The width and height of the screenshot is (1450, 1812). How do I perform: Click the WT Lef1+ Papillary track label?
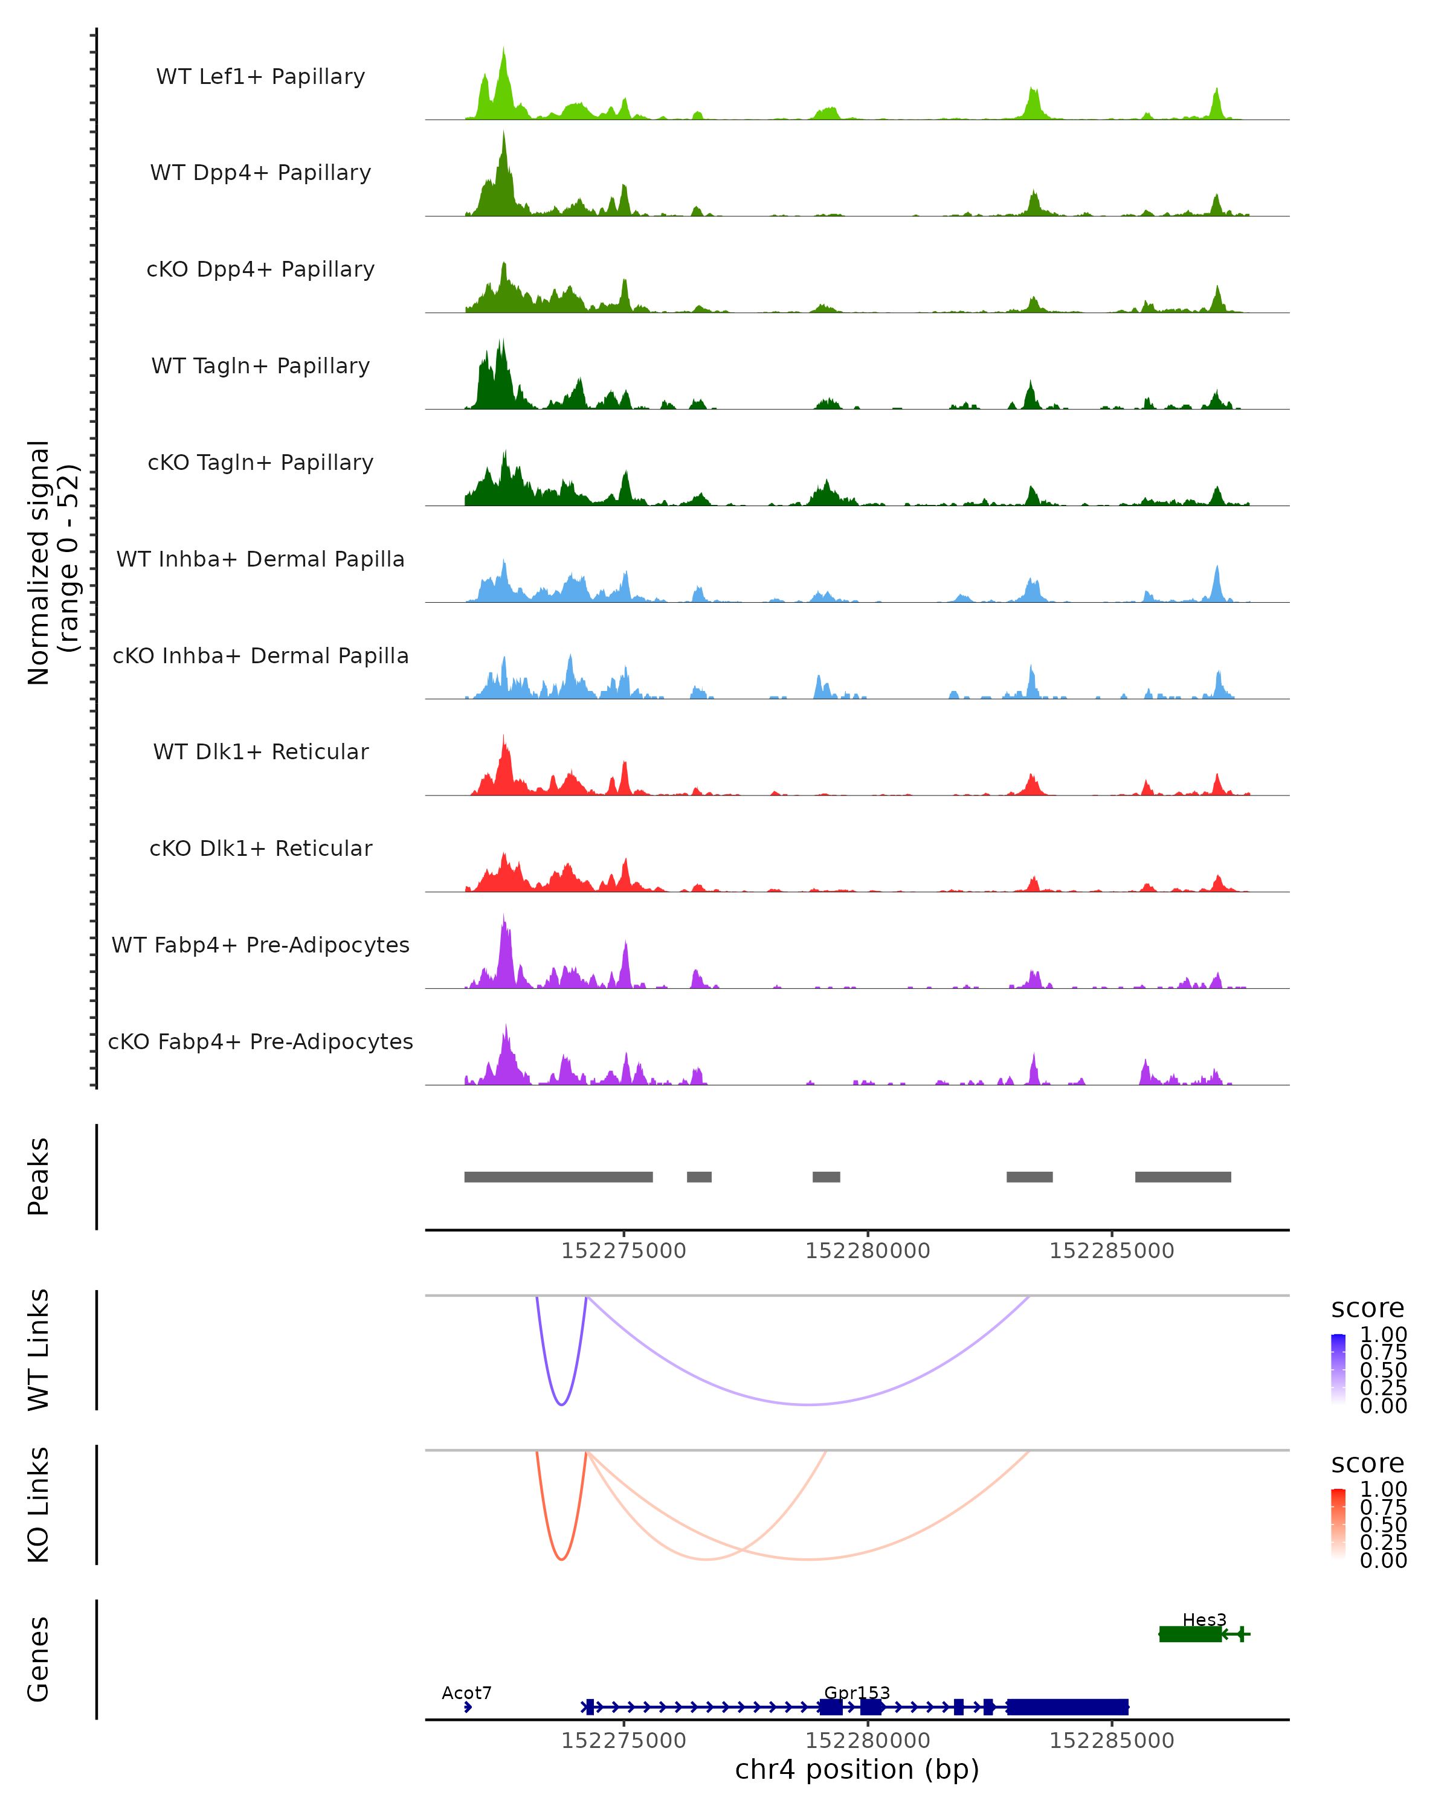(x=260, y=77)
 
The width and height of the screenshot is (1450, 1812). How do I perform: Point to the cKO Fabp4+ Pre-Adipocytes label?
(x=260, y=1041)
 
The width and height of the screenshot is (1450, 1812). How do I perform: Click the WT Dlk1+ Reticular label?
(x=260, y=751)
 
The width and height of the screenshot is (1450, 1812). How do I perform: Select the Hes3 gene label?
(x=1203, y=1619)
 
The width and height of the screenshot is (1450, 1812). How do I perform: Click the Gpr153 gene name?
(x=857, y=1692)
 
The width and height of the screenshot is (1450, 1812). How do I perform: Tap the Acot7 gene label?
(x=466, y=1692)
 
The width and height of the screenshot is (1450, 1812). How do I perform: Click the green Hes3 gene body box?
(x=1190, y=1634)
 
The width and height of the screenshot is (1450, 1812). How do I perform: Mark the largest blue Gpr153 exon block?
(x=1068, y=1707)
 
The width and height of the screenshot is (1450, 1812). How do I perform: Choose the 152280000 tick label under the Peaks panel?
(x=868, y=1251)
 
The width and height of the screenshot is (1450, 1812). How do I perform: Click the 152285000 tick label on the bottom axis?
(x=1111, y=1741)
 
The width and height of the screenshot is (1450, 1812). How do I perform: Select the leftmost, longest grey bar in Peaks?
(x=558, y=1177)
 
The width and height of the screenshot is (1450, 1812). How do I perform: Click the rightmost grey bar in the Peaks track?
(x=1183, y=1177)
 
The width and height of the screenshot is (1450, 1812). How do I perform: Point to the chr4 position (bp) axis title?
(x=857, y=1770)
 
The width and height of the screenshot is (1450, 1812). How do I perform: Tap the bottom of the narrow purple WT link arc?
(x=561, y=1404)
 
